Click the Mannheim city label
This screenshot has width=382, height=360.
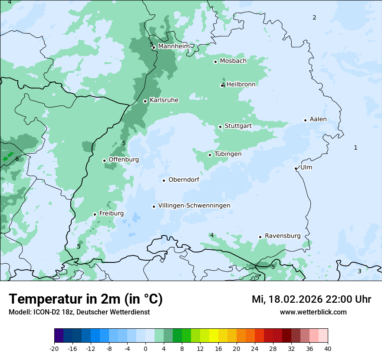pyautogui.click(x=174, y=46)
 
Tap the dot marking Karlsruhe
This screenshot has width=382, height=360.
pyautogui.click(x=145, y=101)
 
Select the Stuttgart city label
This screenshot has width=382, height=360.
pyautogui.click(x=238, y=126)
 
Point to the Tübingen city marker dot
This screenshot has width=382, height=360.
pyautogui.click(x=210, y=155)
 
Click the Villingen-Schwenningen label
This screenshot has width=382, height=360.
pyautogui.click(x=194, y=206)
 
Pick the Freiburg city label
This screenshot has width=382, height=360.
pyautogui.click(x=111, y=213)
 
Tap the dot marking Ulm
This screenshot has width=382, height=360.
pyautogui.click(x=296, y=168)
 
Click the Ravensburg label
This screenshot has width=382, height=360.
pyautogui.click(x=283, y=236)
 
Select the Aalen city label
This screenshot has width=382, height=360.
pyautogui.click(x=318, y=119)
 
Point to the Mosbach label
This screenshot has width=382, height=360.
pyautogui.click(x=233, y=61)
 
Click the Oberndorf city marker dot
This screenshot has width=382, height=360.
pyautogui.click(x=164, y=180)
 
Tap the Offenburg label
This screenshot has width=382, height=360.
pyautogui.click(x=124, y=160)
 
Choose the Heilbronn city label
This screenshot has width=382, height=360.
pyautogui.click(x=241, y=85)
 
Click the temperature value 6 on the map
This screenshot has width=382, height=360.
pyautogui.click(x=17, y=159)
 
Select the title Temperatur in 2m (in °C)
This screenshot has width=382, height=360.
pyautogui.click(x=86, y=299)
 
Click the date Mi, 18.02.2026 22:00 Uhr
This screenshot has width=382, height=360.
pyautogui.click(x=311, y=299)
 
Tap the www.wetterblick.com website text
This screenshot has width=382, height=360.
pyautogui.click(x=313, y=312)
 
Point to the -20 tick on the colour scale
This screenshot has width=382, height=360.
pyautogui.click(x=54, y=348)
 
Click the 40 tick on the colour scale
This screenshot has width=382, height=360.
pyautogui.click(x=328, y=348)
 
